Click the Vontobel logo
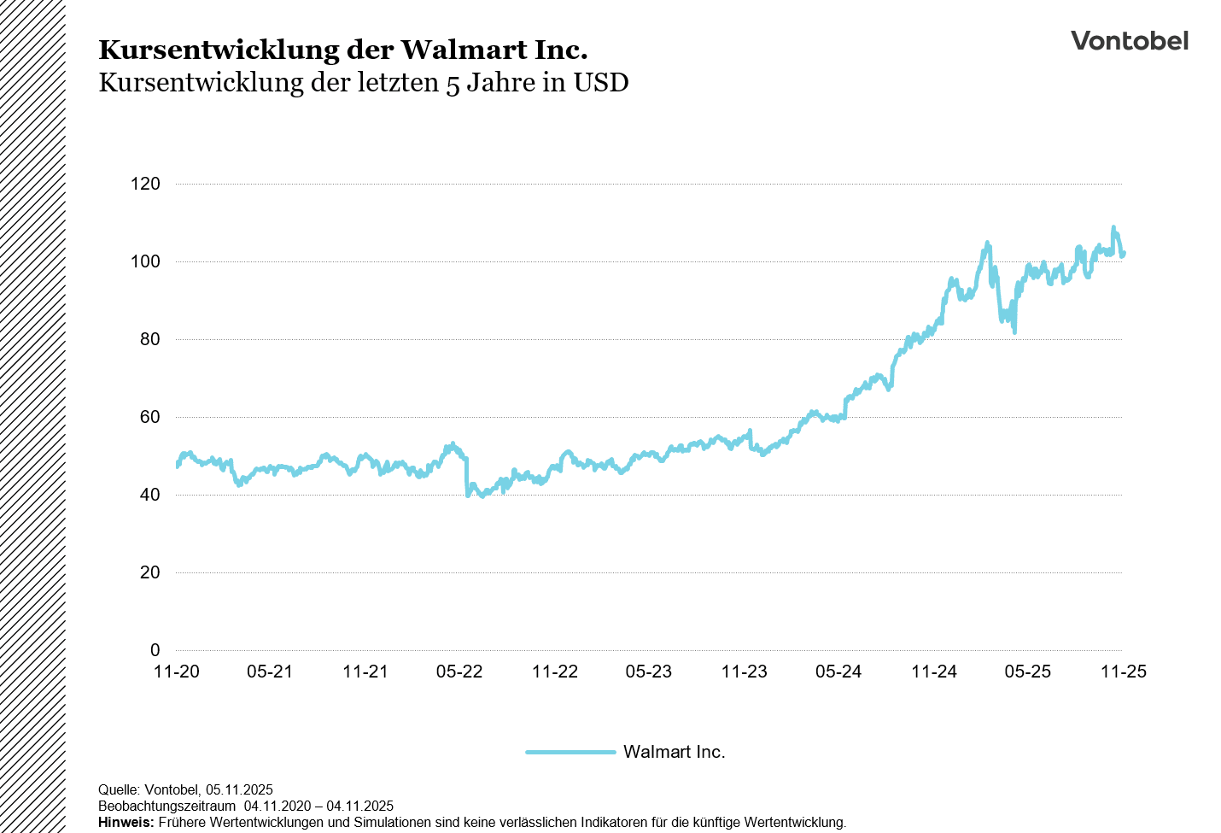[1129, 41]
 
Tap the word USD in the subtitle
[601, 83]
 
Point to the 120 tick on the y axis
[145, 184]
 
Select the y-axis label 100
[145, 261]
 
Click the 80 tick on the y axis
[149, 339]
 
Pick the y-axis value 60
[149, 417]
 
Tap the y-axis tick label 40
[149, 495]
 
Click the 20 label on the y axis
[149, 572]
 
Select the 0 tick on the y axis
[155, 650]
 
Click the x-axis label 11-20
[177, 672]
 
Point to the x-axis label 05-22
[459, 672]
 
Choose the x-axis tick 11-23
[744, 672]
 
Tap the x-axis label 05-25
[1027, 672]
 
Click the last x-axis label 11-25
[1123, 672]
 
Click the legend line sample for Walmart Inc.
[570, 752]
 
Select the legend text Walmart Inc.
[674, 752]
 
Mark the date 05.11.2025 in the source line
[239, 790]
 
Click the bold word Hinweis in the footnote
[126, 823]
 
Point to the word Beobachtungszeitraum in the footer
[166, 807]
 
